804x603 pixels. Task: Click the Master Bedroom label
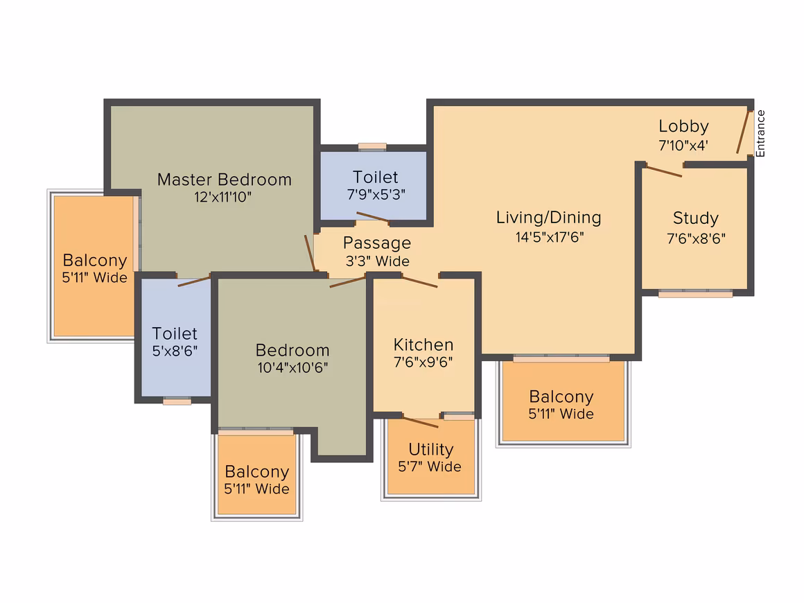coord(225,180)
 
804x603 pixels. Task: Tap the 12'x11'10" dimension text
coord(222,197)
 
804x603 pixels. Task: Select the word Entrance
coord(760,133)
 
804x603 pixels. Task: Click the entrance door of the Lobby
coord(743,132)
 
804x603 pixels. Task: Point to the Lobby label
coord(683,126)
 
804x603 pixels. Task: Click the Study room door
coord(663,171)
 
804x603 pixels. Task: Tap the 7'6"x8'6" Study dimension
coord(696,238)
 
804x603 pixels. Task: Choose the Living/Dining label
coord(549,218)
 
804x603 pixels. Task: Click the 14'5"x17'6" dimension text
coord(550,237)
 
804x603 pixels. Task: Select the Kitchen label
coord(423,344)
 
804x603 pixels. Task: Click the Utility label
coord(430,450)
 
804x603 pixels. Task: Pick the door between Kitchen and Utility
coord(421,422)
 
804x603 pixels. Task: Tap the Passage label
coord(377,243)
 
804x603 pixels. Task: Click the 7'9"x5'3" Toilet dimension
coord(376,195)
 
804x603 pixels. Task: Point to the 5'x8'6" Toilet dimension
coord(175,351)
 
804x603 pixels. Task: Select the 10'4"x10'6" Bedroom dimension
coord(292,367)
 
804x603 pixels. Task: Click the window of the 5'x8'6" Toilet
coord(177,401)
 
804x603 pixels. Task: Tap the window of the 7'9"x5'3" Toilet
coord(372,147)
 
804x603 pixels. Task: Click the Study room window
coord(695,294)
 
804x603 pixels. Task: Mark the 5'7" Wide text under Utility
coord(430,466)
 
